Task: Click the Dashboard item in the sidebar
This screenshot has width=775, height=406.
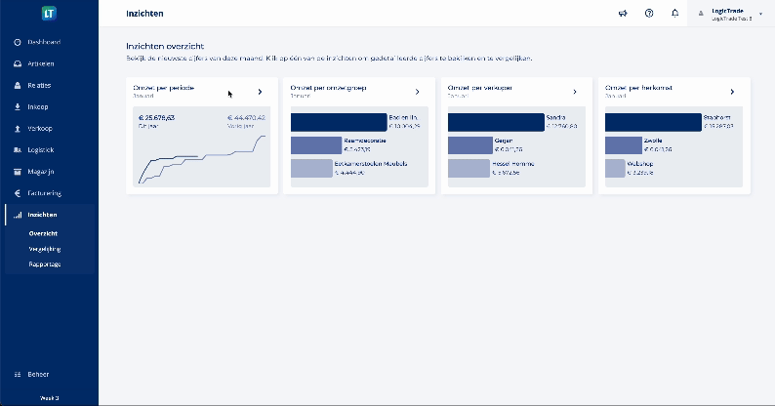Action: point(44,43)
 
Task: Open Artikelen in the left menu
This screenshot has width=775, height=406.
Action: point(41,64)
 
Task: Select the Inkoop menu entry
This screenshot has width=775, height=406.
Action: point(38,106)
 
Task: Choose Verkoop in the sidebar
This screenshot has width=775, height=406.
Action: point(40,128)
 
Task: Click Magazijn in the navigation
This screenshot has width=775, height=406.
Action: point(42,171)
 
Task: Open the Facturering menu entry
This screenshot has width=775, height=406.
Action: point(45,192)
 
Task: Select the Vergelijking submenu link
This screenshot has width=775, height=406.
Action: point(45,249)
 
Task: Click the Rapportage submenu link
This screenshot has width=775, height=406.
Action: point(45,264)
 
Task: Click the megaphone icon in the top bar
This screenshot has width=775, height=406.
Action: point(623,14)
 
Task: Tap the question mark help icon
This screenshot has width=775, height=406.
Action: point(649,14)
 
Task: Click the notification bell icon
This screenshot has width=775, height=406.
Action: point(675,14)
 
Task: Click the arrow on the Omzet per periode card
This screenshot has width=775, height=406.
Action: point(260,92)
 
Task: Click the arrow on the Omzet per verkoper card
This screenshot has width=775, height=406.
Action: point(574,92)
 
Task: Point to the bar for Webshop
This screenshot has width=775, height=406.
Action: point(615,168)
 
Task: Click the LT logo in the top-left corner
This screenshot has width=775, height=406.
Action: point(49,14)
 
